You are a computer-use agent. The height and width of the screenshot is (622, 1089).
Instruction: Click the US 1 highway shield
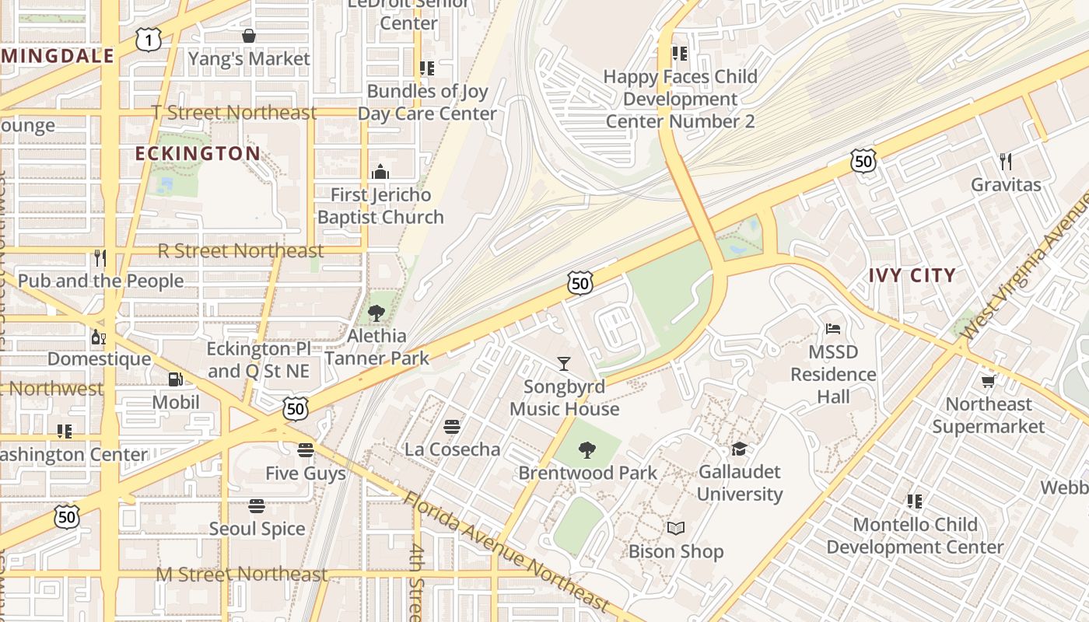(148, 40)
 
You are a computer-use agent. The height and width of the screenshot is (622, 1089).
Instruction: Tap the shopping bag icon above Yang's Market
(249, 36)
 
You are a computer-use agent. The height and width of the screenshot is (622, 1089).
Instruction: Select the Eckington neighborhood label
(198, 153)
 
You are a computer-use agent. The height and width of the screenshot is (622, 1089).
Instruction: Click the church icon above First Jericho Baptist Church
(380, 172)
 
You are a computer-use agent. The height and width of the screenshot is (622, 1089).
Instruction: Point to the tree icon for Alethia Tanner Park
(376, 313)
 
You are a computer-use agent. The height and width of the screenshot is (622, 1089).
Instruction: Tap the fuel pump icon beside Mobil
(176, 379)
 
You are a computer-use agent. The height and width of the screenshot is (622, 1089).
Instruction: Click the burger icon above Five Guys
(306, 450)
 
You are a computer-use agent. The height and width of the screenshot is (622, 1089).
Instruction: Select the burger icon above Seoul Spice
(257, 506)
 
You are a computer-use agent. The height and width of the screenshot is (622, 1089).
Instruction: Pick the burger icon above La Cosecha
(452, 426)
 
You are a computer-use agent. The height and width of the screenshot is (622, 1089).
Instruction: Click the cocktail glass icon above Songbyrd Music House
(564, 363)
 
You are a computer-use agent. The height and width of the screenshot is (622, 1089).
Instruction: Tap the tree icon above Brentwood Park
(587, 449)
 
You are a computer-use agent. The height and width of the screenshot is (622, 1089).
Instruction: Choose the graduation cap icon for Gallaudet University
(739, 449)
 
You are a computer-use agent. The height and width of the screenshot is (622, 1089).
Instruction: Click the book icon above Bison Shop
(676, 529)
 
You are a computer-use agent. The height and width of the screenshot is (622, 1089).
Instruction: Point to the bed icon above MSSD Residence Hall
(833, 329)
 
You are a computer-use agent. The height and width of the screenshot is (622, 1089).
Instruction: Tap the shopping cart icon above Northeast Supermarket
(988, 381)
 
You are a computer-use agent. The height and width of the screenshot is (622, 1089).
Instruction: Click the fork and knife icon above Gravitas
(1006, 162)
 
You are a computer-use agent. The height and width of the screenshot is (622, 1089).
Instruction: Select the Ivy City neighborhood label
(912, 275)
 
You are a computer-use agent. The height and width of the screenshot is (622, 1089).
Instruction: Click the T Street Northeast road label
(234, 113)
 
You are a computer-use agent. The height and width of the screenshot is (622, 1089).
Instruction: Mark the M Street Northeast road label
(242, 575)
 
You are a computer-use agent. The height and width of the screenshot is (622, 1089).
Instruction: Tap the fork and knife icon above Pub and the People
(100, 257)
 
